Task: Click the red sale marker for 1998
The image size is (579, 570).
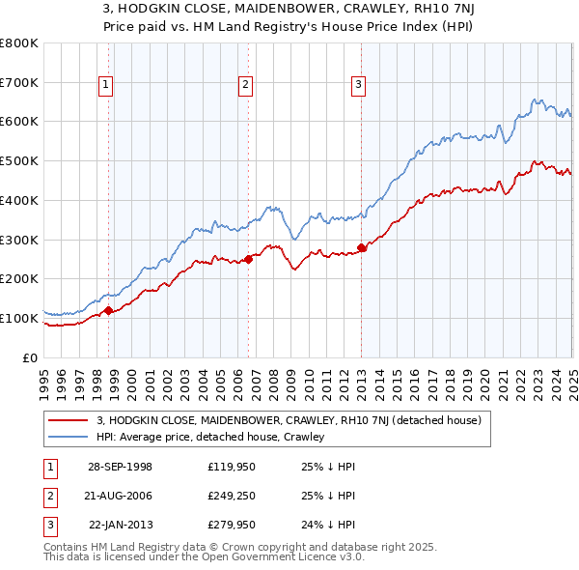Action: pyautogui.click(x=109, y=310)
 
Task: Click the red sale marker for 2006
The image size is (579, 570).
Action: pyautogui.click(x=248, y=258)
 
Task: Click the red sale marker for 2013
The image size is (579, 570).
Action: pyautogui.click(x=362, y=247)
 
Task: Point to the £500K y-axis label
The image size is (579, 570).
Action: pyautogui.click(x=19, y=160)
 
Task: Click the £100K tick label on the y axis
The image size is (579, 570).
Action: pyautogui.click(x=19, y=318)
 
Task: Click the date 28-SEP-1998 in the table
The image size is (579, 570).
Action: pyautogui.click(x=120, y=467)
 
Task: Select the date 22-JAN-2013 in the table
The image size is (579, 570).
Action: pyautogui.click(x=120, y=527)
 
